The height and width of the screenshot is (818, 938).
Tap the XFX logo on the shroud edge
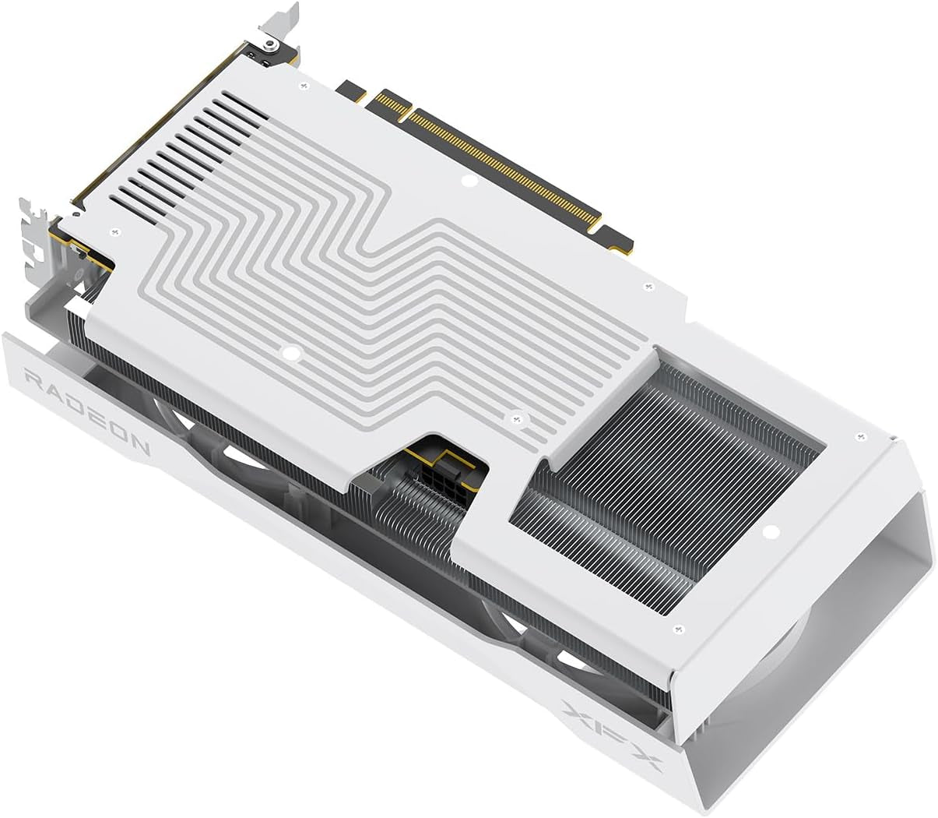click(x=612, y=734)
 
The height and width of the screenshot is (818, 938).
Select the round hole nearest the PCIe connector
click(x=468, y=182)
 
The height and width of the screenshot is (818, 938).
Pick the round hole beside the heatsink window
click(x=770, y=533)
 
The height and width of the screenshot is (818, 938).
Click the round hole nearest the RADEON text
click(x=292, y=354)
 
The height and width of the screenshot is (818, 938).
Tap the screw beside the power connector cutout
click(x=515, y=419)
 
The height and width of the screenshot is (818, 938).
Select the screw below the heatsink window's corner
click(x=677, y=628)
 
